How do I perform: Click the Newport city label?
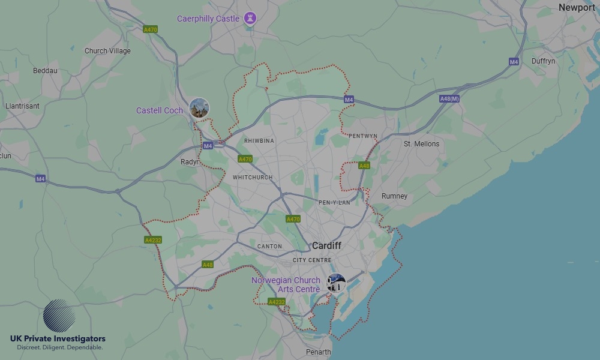click(x=577, y=8)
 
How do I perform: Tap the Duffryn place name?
click(x=543, y=61)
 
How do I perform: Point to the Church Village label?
click(x=107, y=51)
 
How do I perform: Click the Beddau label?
click(x=45, y=71)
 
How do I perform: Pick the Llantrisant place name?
click(x=22, y=106)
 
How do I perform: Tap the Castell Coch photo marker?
click(x=199, y=108)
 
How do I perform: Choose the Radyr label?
click(x=190, y=162)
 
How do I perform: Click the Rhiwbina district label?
click(x=259, y=141)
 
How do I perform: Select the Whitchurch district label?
click(x=253, y=178)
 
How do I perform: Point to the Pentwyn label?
click(x=362, y=136)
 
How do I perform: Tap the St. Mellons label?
click(x=421, y=144)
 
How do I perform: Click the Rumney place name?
click(x=394, y=196)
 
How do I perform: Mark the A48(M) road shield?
click(x=449, y=99)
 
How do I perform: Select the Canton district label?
click(x=269, y=247)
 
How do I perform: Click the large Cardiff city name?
click(x=326, y=246)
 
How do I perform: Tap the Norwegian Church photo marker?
click(x=336, y=283)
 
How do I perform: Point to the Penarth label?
click(x=317, y=352)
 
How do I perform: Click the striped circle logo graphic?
click(x=59, y=315)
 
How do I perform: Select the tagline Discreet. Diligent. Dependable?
click(x=59, y=347)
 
